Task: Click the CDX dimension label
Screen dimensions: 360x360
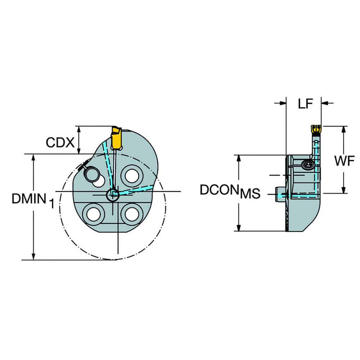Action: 60,143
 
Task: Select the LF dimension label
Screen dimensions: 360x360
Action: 305,104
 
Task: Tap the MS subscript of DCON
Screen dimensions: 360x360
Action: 250,195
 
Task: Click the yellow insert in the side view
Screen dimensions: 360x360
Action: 315,128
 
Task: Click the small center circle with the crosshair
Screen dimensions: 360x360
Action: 113,195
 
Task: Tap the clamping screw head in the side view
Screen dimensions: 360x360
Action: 308,165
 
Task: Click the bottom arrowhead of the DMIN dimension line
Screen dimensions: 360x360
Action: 33,257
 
